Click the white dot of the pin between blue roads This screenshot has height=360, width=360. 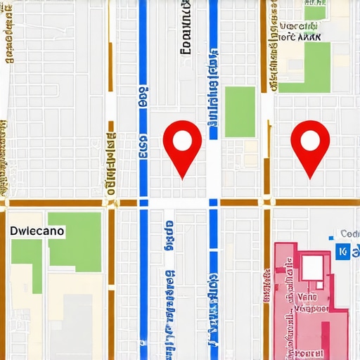pos(182,141)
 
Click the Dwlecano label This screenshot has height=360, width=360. pos(37,230)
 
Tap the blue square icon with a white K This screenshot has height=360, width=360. pos(342,252)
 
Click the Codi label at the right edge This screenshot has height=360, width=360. pos(349,234)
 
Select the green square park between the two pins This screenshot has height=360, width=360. pos(239,112)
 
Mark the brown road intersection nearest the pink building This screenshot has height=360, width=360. pos(268,202)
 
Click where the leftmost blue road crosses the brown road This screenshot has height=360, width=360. pos(143,202)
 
